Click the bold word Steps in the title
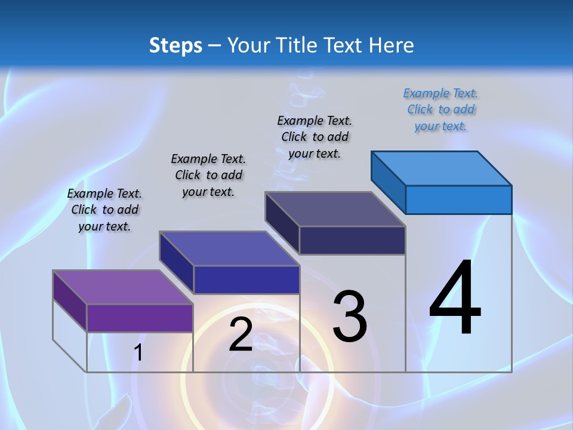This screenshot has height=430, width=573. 175,45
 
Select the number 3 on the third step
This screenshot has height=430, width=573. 350,317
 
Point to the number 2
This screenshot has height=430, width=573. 241,334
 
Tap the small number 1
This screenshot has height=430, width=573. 138,353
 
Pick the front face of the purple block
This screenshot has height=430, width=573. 140,318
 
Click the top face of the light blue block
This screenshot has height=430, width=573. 442,168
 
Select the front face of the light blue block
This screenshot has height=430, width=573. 458,199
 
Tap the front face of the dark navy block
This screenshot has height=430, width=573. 352,240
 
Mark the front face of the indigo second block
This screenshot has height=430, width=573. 246,279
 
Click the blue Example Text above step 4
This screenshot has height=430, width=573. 440,93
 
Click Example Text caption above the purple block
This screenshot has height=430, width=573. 104,193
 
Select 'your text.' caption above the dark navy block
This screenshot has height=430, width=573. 315,153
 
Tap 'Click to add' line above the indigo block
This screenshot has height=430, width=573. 208,175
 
